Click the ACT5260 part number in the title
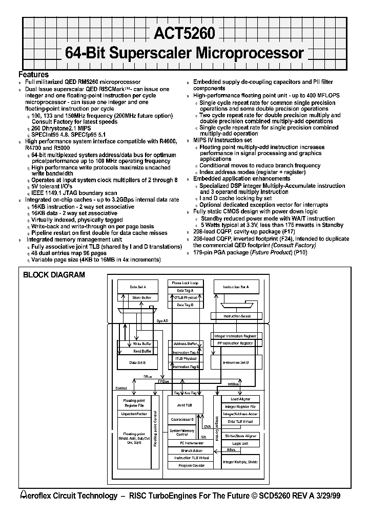(x=184, y=33)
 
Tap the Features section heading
(x=34, y=75)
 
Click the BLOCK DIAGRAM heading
(x=54, y=275)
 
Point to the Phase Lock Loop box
(x=185, y=283)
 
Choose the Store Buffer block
(x=141, y=297)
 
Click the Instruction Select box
(x=237, y=316)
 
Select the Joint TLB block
(x=184, y=404)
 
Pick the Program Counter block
(x=192, y=465)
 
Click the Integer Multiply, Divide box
(x=240, y=462)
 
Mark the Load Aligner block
(x=240, y=399)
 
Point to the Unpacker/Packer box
(x=134, y=413)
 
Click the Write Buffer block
(x=141, y=344)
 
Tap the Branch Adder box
(x=192, y=451)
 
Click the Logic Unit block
(x=240, y=443)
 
